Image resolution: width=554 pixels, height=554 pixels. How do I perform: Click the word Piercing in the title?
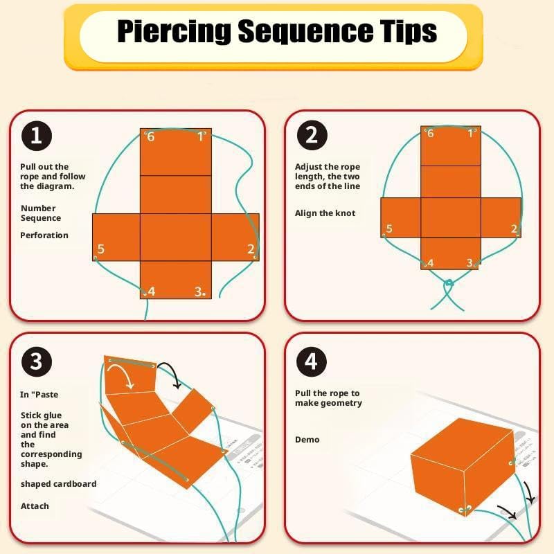[174, 32]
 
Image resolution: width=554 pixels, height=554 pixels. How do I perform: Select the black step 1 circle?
[37, 136]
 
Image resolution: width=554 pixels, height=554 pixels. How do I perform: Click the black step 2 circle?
[312, 135]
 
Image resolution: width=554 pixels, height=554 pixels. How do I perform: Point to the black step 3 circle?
[37, 361]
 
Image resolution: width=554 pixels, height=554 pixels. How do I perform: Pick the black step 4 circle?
[312, 361]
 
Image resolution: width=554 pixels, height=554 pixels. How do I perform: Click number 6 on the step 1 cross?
[151, 136]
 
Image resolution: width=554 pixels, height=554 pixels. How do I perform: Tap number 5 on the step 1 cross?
[100, 249]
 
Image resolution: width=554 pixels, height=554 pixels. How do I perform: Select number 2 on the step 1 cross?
[251, 249]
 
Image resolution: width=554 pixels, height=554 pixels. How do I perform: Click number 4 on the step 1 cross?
[152, 292]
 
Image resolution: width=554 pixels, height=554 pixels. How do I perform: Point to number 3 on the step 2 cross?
[470, 263]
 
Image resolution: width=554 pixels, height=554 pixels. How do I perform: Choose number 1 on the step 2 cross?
[470, 133]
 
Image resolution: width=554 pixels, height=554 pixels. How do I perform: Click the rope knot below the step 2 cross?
[449, 283]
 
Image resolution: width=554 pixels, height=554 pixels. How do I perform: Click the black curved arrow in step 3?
[170, 373]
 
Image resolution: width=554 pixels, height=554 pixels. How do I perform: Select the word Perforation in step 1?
[44, 235]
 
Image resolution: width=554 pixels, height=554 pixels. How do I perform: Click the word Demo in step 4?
[307, 440]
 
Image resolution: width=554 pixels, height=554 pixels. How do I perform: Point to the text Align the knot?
[325, 213]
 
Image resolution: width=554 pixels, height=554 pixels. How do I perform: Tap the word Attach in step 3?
[35, 506]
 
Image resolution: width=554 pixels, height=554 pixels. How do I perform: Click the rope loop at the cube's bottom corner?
[465, 509]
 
